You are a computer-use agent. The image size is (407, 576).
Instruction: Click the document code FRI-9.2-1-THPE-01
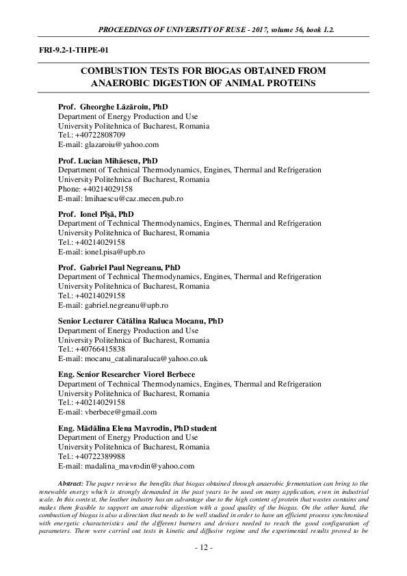click(69, 49)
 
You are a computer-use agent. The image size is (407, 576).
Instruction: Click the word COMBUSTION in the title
click(113, 71)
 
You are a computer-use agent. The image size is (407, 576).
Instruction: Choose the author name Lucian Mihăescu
click(114, 161)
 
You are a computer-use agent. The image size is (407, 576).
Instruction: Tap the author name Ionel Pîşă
click(101, 214)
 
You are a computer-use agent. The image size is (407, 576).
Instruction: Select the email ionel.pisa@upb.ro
click(114, 252)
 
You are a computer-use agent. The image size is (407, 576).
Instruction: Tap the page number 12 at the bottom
click(203, 548)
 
